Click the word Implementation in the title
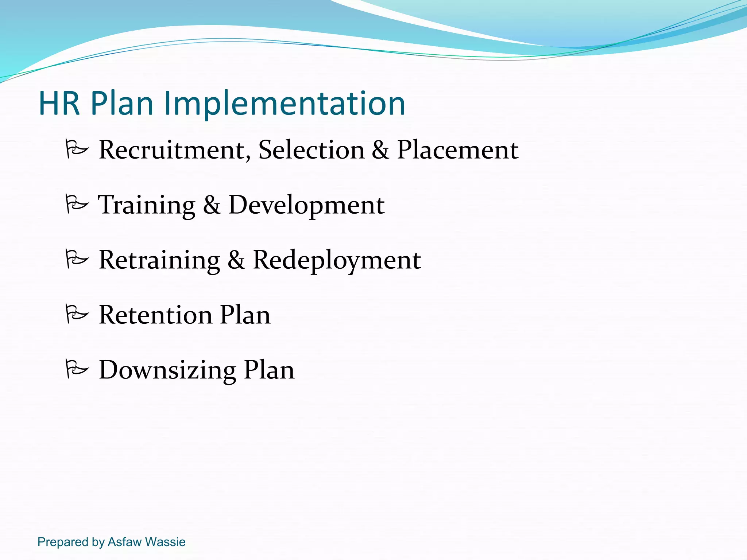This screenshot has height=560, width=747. tap(285, 104)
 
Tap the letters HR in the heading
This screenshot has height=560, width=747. tap(59, 104)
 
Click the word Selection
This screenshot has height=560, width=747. tap(311, 150)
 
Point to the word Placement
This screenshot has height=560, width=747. tap(457, 150)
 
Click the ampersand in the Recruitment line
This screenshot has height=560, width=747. tap(380, 150)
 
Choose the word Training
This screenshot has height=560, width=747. tap(147, 205)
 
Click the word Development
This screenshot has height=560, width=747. tap(306, 205)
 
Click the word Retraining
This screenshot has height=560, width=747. tap(159, 260)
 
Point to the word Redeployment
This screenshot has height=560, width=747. tap(337, 260)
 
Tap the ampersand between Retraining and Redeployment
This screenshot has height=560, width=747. tap(236, 260)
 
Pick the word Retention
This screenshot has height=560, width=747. tap(155, 315)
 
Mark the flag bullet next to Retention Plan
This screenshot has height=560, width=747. tap(77, 314)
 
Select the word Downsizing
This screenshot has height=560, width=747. tap(167, 370)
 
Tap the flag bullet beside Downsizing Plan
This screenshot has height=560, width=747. tap(77, 369)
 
